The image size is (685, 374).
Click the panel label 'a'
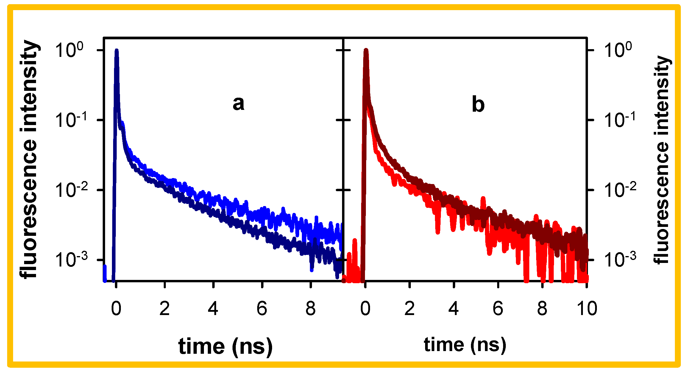click(x=238, y=104)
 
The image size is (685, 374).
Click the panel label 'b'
click(x=478, y=105)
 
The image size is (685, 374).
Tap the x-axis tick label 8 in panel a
click(x=310, y=308)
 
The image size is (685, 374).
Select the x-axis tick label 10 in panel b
click(x=587, y=308)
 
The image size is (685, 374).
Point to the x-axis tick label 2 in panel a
click(x=164, y=308)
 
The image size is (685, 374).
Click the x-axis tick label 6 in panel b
click(x=498, y=308)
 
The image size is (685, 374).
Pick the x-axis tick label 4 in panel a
click(x=213, y=308)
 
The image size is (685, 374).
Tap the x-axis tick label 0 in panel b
click(x=365, y=308)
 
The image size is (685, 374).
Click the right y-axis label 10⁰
click(x=618, y=50)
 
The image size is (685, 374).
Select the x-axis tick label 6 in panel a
click(x=262, y=308)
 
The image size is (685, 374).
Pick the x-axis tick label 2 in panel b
click(x=410, y=308)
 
